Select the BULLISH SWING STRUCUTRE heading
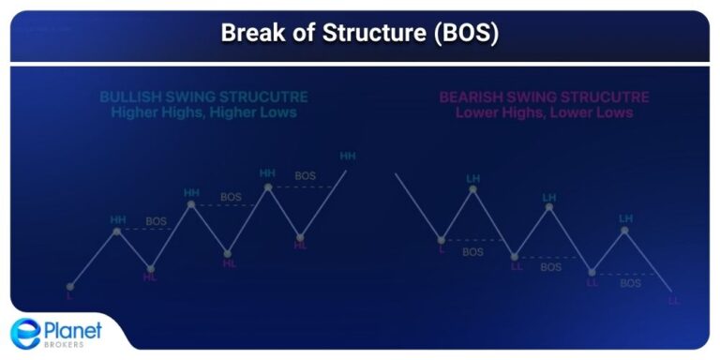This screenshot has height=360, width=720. click(x=203, y=97)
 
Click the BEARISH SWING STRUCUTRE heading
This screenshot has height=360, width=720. click(x=544, y=97)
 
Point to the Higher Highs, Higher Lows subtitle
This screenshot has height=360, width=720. click(x=203, y=112)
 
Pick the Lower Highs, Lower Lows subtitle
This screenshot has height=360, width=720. click(x=544, y=112)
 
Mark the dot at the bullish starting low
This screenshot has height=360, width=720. click(x=69, y=285)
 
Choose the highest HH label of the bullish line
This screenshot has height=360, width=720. click(x=348, y=156)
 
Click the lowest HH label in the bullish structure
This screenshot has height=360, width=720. click(x=118, y=220)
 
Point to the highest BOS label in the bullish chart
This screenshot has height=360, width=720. click(x=306, y=175)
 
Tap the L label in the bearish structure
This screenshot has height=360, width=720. click(x=442, y=249)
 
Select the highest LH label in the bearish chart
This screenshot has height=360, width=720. click(x=473, y=177)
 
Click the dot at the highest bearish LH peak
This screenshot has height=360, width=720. click(x=473, y=189)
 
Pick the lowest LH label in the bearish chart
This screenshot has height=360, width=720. click(x=625, y=218)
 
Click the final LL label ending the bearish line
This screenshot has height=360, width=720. click(x=673, y=301)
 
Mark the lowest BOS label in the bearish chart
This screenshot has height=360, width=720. click(x=630, y=282)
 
